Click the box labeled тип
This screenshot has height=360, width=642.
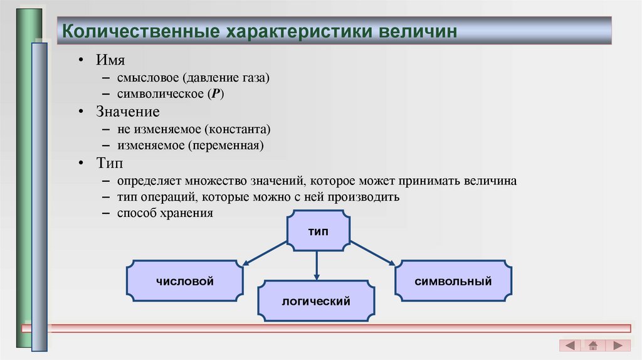[317, 231]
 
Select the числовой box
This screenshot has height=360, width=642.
[185, 281]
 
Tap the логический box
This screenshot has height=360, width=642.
[316, 302]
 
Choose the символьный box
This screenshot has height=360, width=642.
[453, 281]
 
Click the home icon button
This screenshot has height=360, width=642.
[593, 346]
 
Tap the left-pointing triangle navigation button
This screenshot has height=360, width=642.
[570, 346]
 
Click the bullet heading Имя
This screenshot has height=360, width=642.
[110, 60]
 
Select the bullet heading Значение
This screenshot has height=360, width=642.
[128, 112]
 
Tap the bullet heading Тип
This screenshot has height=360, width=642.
[110, 164]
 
